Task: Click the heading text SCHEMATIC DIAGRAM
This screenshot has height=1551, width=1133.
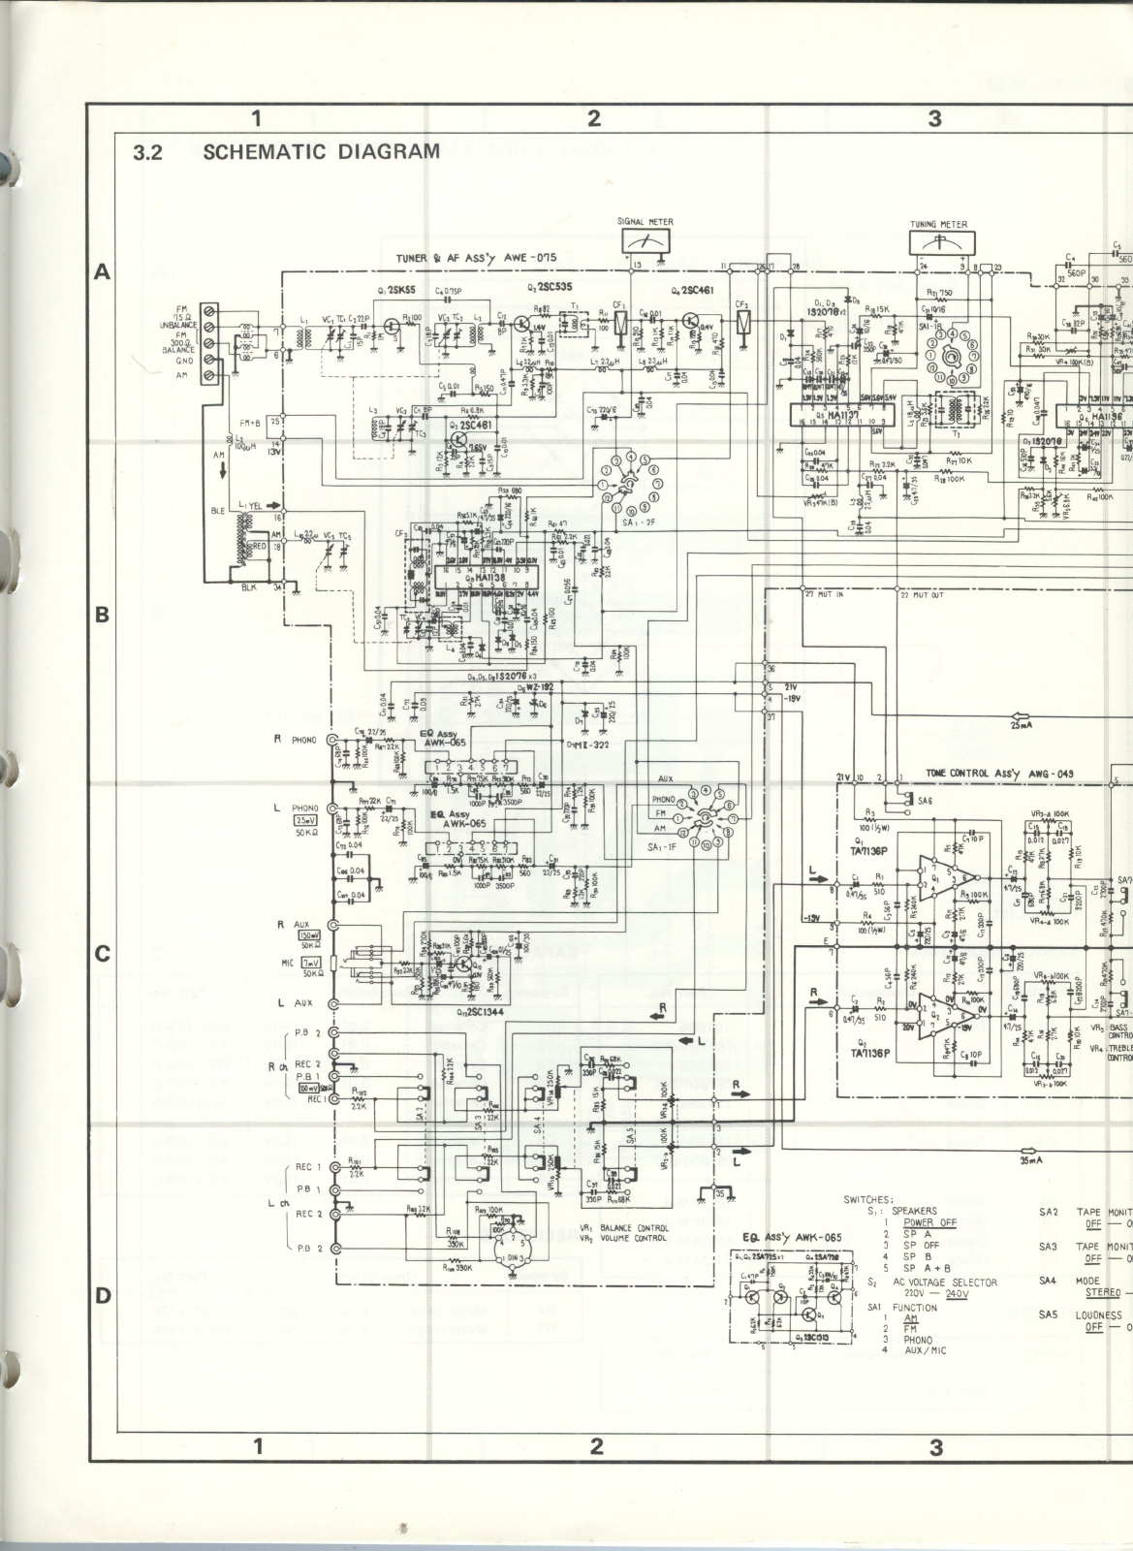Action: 322,151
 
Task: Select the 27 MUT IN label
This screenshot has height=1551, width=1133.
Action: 825,593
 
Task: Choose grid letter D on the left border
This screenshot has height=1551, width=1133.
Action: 101,1297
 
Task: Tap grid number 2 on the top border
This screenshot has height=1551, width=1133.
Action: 594,118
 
